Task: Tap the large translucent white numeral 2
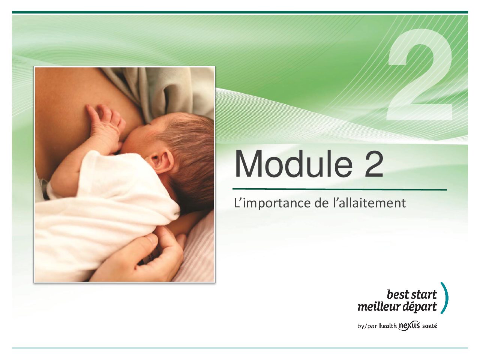(x=419, y=75)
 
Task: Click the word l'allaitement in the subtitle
(x=370, y=202)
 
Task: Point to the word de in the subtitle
(x=322, y=202)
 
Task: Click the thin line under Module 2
(x=340, y=189)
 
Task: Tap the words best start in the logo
(x=412, y=295)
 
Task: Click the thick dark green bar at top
(x=240, y=12)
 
